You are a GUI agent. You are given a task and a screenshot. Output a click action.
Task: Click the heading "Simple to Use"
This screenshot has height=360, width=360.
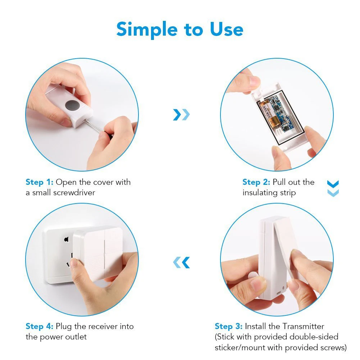coord(180,29)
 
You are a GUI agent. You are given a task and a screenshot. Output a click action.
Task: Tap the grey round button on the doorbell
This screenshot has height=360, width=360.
coord(72,105)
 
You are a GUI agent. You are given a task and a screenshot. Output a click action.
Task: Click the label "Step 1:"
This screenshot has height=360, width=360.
coord(40,182)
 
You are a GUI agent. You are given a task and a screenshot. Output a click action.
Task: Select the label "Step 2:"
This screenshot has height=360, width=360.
coord(256,182)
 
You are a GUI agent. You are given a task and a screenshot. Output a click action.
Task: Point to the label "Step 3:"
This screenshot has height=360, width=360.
coord(228,326)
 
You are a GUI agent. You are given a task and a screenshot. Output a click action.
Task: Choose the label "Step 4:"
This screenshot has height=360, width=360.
coord(40,326)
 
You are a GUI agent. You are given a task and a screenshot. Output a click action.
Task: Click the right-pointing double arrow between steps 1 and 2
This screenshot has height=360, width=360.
coord(181,115)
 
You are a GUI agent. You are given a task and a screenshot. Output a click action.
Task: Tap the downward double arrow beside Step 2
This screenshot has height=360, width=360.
coord(333,188)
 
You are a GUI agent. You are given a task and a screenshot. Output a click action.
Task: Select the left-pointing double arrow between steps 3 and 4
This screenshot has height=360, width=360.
coord(181,263)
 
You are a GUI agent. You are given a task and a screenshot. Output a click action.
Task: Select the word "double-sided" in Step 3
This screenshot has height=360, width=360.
coord(314,337)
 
